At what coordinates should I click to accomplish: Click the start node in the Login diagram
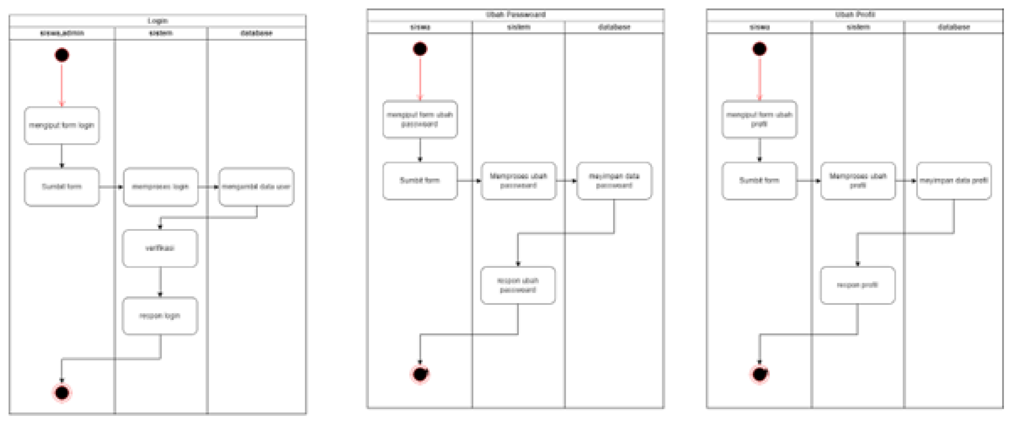point(62,55)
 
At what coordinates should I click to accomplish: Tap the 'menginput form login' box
point(62,126)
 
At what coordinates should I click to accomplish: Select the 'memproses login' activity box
point(160,187)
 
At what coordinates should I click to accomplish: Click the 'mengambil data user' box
point(256,187)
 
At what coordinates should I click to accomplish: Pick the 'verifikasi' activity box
point(160,248)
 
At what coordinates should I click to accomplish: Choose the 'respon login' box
point(160,316)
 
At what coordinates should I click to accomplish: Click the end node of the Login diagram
point(62,392)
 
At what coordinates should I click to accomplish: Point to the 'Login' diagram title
point(158,21)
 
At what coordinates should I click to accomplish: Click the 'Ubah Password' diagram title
point(516,15)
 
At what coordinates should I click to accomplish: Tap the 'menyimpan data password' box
point(614,181)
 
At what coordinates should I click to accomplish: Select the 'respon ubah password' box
point(518,285)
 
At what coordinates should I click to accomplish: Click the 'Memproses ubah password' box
point(518,181)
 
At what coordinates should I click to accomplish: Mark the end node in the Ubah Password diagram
point(420,374)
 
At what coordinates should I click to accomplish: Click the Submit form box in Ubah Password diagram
point(420,181)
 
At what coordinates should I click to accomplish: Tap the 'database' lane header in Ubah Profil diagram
point(953,27)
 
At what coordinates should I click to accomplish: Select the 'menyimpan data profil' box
point(953,181)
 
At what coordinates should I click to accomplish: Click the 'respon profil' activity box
point(858,285)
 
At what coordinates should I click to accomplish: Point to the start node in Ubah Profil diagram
point(759,49)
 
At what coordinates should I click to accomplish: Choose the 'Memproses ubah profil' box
point(858,181)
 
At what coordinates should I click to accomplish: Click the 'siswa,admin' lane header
point(62,33)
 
